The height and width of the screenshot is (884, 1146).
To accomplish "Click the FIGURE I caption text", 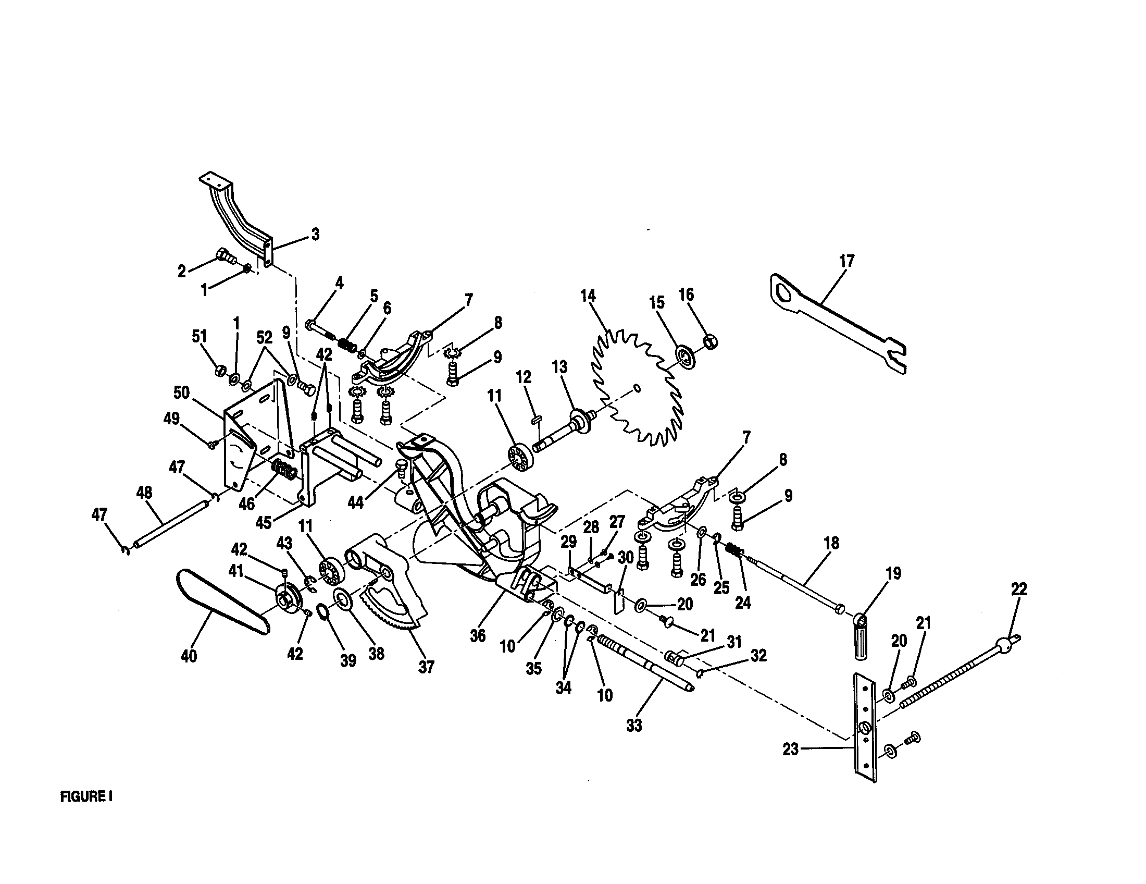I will click(86, 796).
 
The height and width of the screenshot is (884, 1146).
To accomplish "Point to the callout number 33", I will click(634, 726).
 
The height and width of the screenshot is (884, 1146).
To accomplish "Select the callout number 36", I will click(477, 636).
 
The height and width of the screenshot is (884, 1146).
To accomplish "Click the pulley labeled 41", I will click(288, 598).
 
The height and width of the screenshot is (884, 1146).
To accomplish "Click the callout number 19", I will click(892, 573).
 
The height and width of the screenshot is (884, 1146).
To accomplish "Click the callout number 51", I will click(200, 336).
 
